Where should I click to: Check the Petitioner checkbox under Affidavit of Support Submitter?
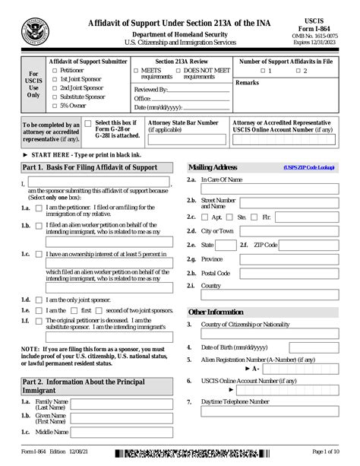point(54,70)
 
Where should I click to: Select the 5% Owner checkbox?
point(54,106)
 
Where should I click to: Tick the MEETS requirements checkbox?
point(136,70)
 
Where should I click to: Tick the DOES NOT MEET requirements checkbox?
point(178,70)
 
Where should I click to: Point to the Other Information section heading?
point(216,312)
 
